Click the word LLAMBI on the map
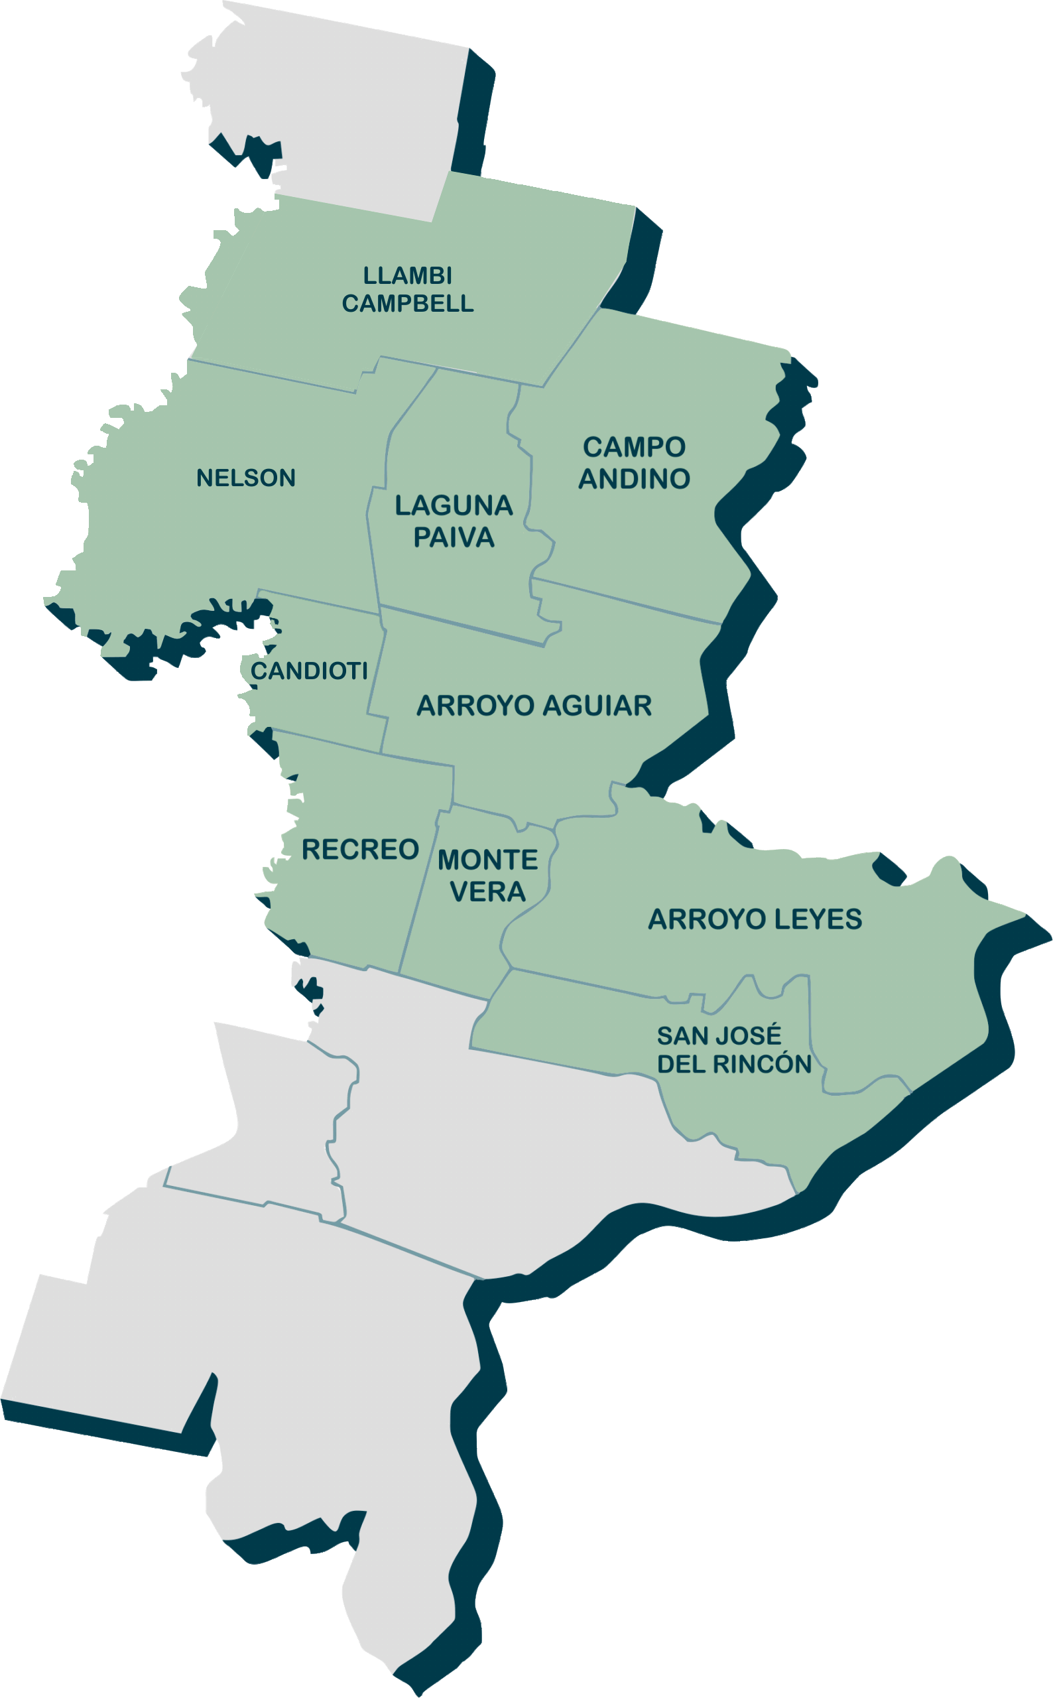tap(407, 276)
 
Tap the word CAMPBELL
tap(407, 304)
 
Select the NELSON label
tap(246, 478)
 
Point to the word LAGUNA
tap(454, 505)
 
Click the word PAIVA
tap(454, 537)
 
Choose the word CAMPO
tap(634, 447)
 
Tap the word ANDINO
tap(634, 478)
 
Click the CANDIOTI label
tap(309, 671)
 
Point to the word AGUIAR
tap(597, 706)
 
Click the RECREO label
tap(360, 849)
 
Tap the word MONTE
tap(487, 860)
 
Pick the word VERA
tap(487, 891)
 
